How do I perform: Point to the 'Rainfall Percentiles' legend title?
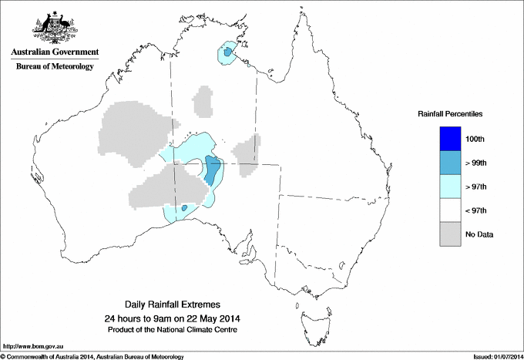pyautogui.click(x=450, y=113)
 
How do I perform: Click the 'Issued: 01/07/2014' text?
pyautogui.click(x=492, y=356)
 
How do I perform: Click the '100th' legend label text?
pyautogui.click(x=475, y=139)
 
